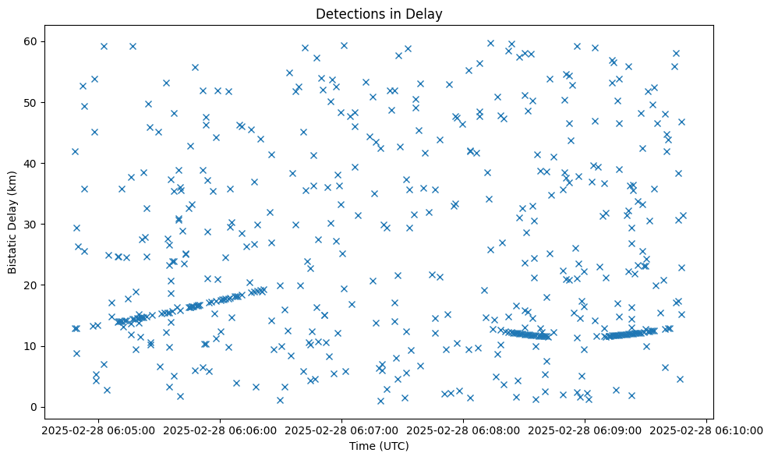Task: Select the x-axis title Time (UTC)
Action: point(378,447)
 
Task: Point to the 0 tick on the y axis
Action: point(34,407)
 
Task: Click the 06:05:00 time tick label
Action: point(98,429)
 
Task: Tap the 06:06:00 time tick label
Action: point(220,429)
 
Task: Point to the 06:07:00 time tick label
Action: point(341,429)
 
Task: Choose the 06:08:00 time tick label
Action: point(463,429)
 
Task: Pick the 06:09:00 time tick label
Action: point(585,429)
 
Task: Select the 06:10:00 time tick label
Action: point(706,429)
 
